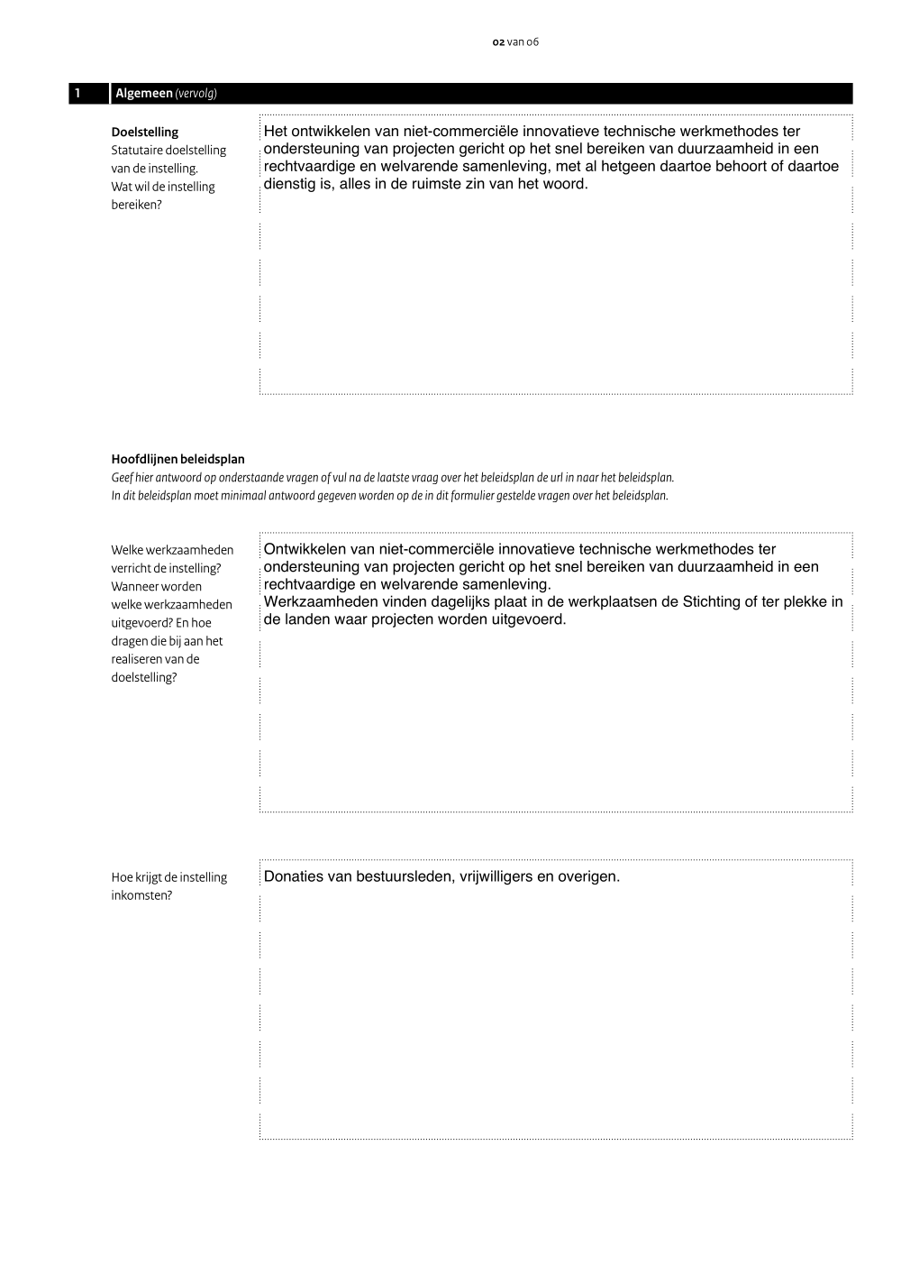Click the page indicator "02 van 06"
click(x=515, y=42)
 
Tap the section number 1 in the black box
click(x=78, y=94)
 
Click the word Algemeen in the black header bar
click(x=144, y=94)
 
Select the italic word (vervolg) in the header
click(x=196, y=94)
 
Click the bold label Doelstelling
click(x=145, y=133)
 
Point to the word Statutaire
click(x=137, y=151)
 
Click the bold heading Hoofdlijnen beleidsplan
click(x=177, y=460)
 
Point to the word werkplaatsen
click(x=601, y=602)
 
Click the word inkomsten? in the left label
click(x=141, y=896)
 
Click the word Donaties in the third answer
click(x=294, y=876)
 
